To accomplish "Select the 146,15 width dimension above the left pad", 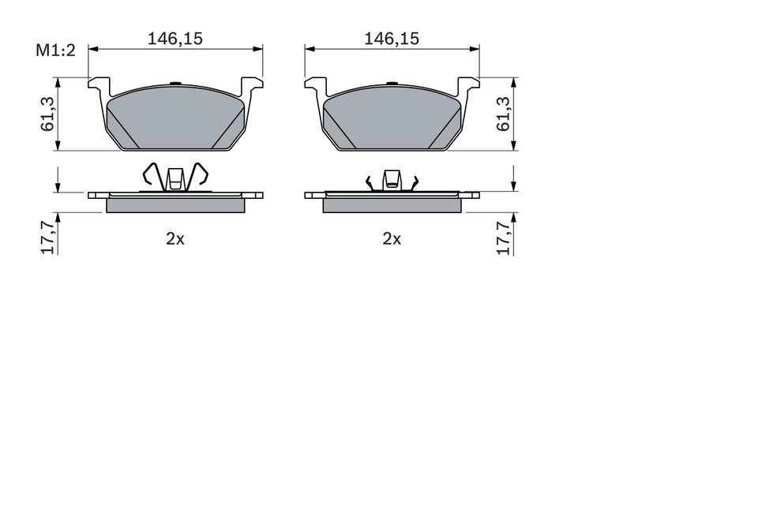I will tap(174, 37).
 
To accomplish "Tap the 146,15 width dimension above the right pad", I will tap(392, 37).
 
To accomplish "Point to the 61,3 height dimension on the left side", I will tap(48, 114).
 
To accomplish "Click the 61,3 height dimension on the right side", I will tap(501, 114).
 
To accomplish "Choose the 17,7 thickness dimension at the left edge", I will tap(48, 236).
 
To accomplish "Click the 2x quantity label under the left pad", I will tap(174, 239).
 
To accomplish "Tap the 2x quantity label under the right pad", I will tap(392, 239).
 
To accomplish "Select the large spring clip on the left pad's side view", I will tap(174, 178).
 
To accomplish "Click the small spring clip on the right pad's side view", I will tap(392, 181).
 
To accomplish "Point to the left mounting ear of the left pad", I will tap(98, 85).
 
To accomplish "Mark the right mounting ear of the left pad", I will tap(252, 85).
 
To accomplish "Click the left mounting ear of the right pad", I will tap(315, 85).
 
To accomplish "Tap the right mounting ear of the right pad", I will tap(469, 85).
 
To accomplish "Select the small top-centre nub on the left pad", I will tap(175, 83).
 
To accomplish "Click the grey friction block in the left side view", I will tap(174, 205).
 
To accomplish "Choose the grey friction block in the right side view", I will tap(392, 205).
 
